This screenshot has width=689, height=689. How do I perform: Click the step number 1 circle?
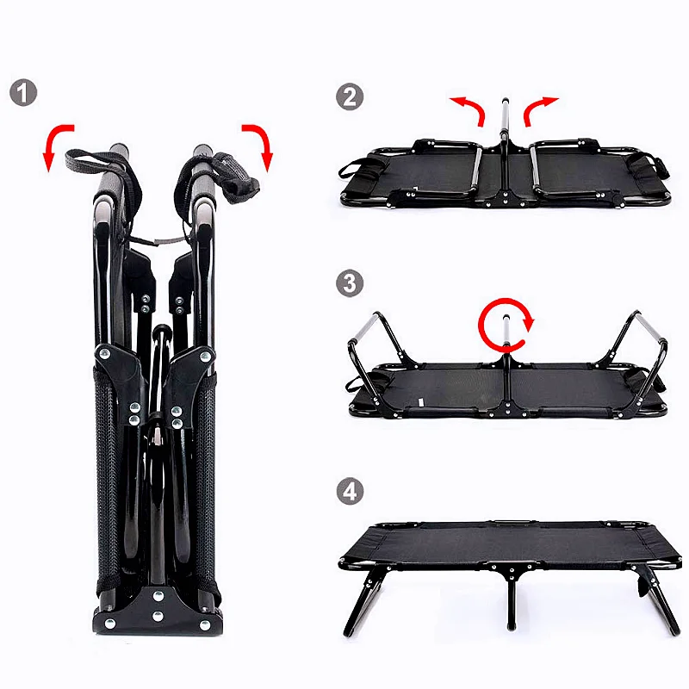point(23,92)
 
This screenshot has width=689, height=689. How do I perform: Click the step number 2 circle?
point(350,96)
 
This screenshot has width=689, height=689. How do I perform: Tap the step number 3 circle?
point(350,283)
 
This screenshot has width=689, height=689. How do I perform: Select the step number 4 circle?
point(350,492)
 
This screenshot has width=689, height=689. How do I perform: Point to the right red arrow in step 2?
point(541,109)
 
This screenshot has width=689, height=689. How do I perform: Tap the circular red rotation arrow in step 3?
point(506,324)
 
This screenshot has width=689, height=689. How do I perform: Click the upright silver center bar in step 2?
point(505,129)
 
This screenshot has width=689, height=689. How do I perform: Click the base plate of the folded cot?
point(157,614)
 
